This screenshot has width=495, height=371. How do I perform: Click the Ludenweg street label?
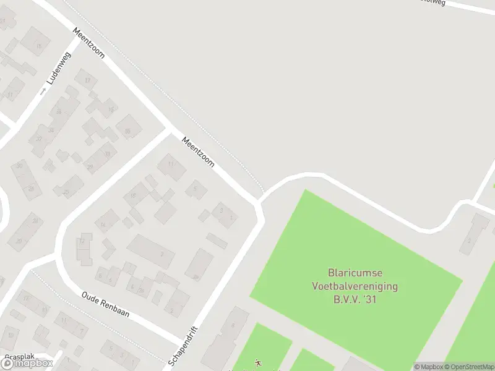click(x=59, y=68)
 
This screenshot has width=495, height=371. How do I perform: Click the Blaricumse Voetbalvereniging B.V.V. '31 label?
click(x=353, y=286)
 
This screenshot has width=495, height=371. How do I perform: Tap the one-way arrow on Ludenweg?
click(x=43, y=91)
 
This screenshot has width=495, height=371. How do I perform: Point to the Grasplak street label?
click(x=19, y=357)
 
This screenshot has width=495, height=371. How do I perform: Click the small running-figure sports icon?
click(x=258, y=364)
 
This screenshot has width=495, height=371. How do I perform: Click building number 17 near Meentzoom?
click(x=87, y=80)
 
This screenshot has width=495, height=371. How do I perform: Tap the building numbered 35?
click(x=128, y=131)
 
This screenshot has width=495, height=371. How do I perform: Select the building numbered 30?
click(x=20, y=166)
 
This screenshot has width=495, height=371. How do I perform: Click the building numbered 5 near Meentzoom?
click(x=196, y=189)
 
